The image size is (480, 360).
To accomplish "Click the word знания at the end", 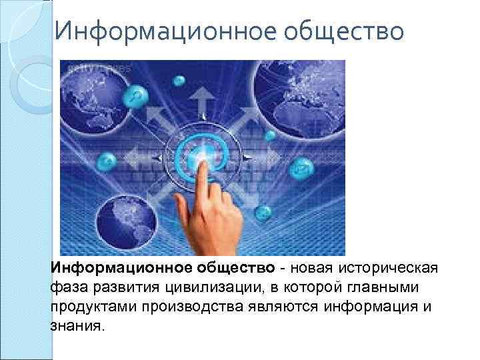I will pos(76,327).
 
